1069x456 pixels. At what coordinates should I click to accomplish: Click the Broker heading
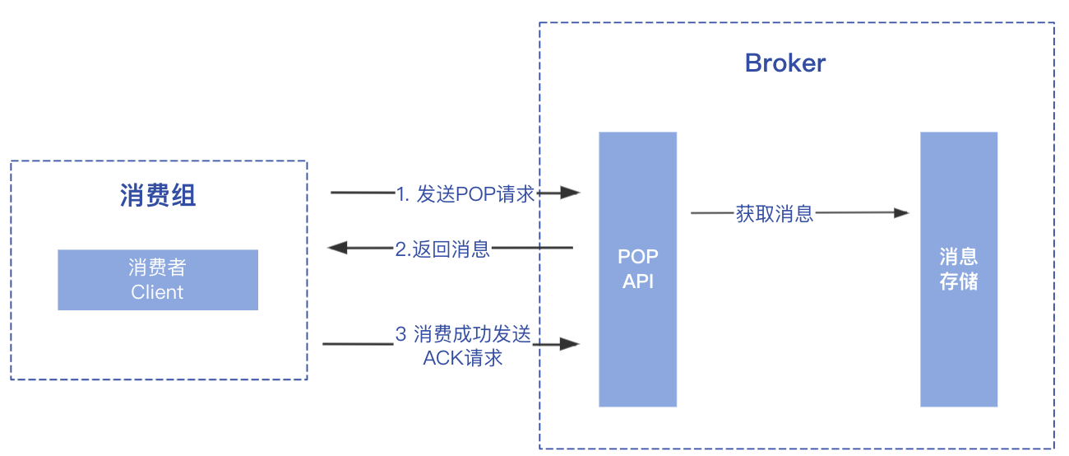(x=784, y=63)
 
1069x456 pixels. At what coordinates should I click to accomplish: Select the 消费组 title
(x=158, y=196)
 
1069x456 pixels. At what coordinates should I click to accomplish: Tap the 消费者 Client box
(x=158, y=280)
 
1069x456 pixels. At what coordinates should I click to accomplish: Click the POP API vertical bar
(x=637, y=346)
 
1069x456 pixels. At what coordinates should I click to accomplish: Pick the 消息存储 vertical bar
(x=959, y=346)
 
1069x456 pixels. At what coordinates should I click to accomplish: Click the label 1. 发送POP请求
(x=465, y=194)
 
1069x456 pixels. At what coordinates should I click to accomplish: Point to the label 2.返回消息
(x=442, y=249)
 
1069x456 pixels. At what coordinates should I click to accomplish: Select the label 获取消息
(x=775, y=214)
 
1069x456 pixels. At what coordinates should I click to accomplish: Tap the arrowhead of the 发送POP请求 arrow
(x=571, y=193)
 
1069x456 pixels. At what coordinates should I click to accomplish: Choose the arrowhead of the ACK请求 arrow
(x=571, y=343)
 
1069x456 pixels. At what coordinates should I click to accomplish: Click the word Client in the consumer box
(x=158, y=292)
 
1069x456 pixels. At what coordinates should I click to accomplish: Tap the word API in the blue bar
(x=638, y=282)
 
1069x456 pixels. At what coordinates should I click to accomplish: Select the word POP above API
(x=638, y=257)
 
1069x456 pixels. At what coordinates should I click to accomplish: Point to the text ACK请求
(x=462, y=358)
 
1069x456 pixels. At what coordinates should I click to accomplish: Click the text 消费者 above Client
(x=158, y=268)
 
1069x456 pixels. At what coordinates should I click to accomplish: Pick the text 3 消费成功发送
(x=463, y=334)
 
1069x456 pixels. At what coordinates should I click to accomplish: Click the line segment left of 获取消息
(x=712, y=213)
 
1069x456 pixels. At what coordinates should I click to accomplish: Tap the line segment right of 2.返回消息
(x=531, y=247)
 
